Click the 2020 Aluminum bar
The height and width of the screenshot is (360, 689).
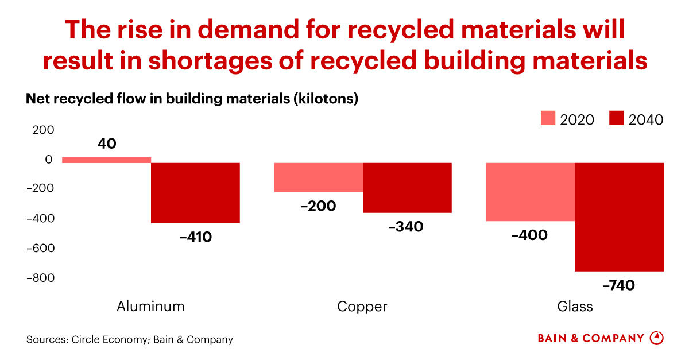click(x=106, y=160)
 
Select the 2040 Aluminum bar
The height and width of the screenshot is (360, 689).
click(x=195, y=193)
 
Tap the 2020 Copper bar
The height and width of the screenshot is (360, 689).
click(x=319, y=177)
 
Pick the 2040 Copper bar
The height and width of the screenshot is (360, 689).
click(x=407, y=188)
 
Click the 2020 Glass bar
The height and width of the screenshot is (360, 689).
click(x=531, y=192)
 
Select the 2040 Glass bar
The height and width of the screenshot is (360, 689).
click(x=619, y=217)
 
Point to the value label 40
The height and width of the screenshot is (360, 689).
click(x=107, y=144)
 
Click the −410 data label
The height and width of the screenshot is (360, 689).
click(x=195, y=236)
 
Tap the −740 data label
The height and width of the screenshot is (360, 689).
click(x=618, y=284)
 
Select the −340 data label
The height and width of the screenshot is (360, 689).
click(x=405, y=227)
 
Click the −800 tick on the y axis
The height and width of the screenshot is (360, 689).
click(x=40, y=278)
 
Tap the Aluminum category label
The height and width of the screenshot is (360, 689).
click(x=150, y=306)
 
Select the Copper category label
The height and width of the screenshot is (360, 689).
click(x=362, y=307)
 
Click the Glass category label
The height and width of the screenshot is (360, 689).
click(x=575, y=307)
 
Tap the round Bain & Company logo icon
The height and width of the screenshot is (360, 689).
click(x=656, y=338)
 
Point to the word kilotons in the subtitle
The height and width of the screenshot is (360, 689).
click(x=324, y=99)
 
